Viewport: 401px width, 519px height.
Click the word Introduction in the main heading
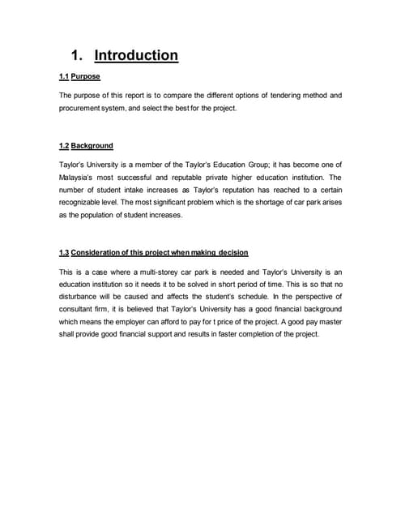[x=136, y=56]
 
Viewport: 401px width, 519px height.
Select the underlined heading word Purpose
[x=86, y=77]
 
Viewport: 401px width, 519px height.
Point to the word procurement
[x=81, y=108]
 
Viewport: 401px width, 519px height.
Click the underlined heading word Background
[x=92, y=146]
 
